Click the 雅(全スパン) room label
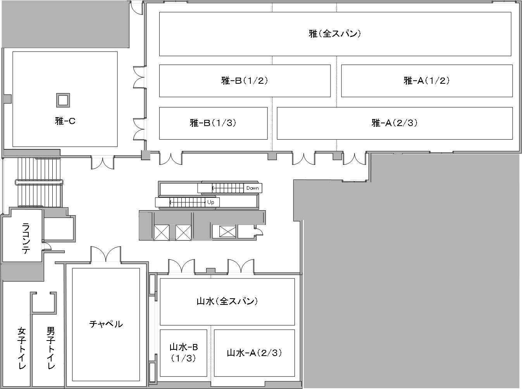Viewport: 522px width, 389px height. [335, 34]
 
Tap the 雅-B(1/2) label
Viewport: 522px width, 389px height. [245, 81]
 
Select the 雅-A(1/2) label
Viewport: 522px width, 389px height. [427, 81]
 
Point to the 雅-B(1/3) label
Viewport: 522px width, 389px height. [213, 123]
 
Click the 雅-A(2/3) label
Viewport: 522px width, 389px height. [395, 123]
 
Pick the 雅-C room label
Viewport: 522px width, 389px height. [65, 121]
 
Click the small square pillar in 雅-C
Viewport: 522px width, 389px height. [63, 100]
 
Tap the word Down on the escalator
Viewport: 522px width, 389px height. [252, 188]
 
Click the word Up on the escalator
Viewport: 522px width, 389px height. [210, 202]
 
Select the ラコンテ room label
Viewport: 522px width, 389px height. [26, 238]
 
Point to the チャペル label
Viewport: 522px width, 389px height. [106, 324]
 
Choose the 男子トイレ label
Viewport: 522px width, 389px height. [51, 348]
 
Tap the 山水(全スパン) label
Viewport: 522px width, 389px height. [227, 301]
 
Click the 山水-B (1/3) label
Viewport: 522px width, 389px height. [184, 352]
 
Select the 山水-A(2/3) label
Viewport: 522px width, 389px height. [254, 353]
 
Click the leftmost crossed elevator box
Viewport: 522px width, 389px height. [161, 232]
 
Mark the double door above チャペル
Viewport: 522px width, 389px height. [106, 254]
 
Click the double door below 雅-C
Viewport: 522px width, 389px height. [102, 163]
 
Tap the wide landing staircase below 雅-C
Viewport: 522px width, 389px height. [39, 182]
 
